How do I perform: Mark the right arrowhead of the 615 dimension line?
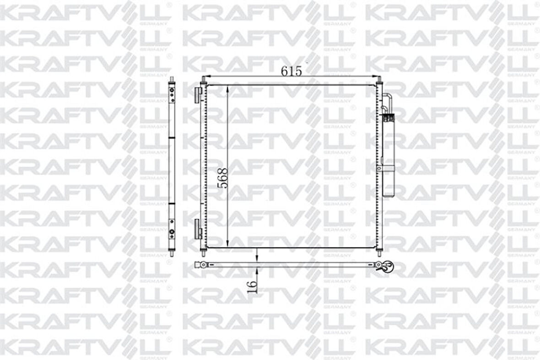pyautogui.click(x=378, y=76)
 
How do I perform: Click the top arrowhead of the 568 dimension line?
pyautogui.click(x=228, y=87)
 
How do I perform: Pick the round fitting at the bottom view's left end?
pyautogui.click(x=198, y=264)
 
